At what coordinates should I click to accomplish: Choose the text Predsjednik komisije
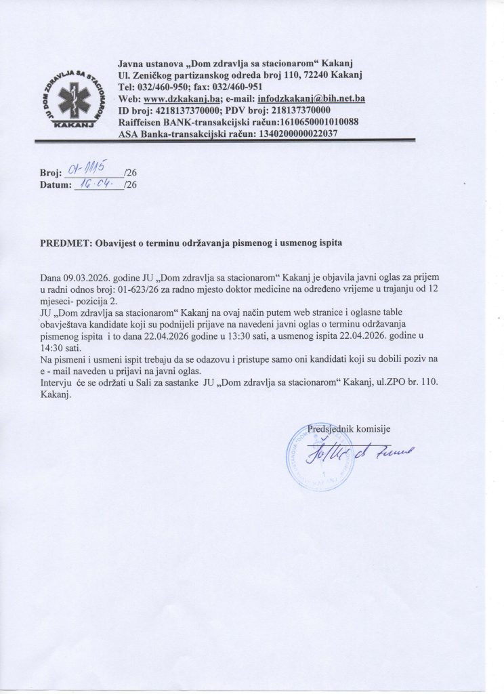tap(349, 429)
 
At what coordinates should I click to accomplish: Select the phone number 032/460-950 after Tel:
tap(163, 87)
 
